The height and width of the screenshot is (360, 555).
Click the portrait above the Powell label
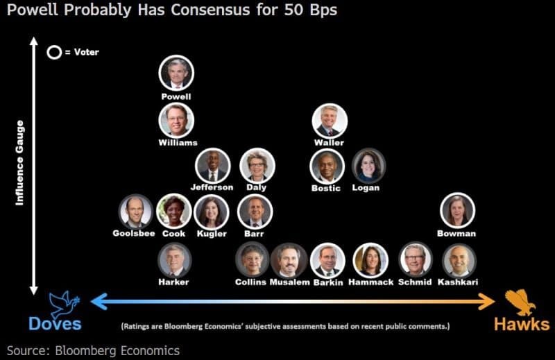pyautogui.click(x=176, y=73)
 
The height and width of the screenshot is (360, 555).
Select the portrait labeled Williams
pyautogui.click(x=176, y=121)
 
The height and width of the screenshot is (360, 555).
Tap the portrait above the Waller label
pyautogui.click(x=330, y=121)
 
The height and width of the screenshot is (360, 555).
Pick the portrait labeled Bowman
pyautogui.click(x=457, y=210)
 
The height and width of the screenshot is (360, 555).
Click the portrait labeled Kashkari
pyautogui.click(x=459, y=260)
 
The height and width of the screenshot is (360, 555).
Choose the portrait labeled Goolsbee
pyautogui.click(x=135, y=212)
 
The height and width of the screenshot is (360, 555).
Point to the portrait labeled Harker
pyautogui.click(x=175, y=260)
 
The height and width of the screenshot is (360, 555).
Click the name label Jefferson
pyautogui.click(x=212, y=187)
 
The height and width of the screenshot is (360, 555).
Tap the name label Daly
pyautogui.click(x=256, y=187)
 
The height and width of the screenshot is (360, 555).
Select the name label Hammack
pyautogui.click(x=371, y=282)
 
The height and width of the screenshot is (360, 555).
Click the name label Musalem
pyautogui.click(x=289, y=282)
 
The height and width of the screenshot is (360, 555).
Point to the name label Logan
pyautogui.click(x=366, y=187)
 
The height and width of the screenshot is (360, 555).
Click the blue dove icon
pyautogui.click(x=64, y=304)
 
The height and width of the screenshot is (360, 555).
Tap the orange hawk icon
pyautogui.click(x=520, y=302)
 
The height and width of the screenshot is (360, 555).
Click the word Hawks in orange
pyautogui.click(x=522, y=324)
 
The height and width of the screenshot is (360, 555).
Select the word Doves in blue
pyautogui.click(x=55, y=323)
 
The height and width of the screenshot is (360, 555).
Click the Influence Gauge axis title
pyautogui.click(x=19, y=163)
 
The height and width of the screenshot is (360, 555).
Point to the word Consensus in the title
pyautogui.click(x=210, y=10)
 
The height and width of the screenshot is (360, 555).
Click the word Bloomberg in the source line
pyautogui.click(x=86, y=350)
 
